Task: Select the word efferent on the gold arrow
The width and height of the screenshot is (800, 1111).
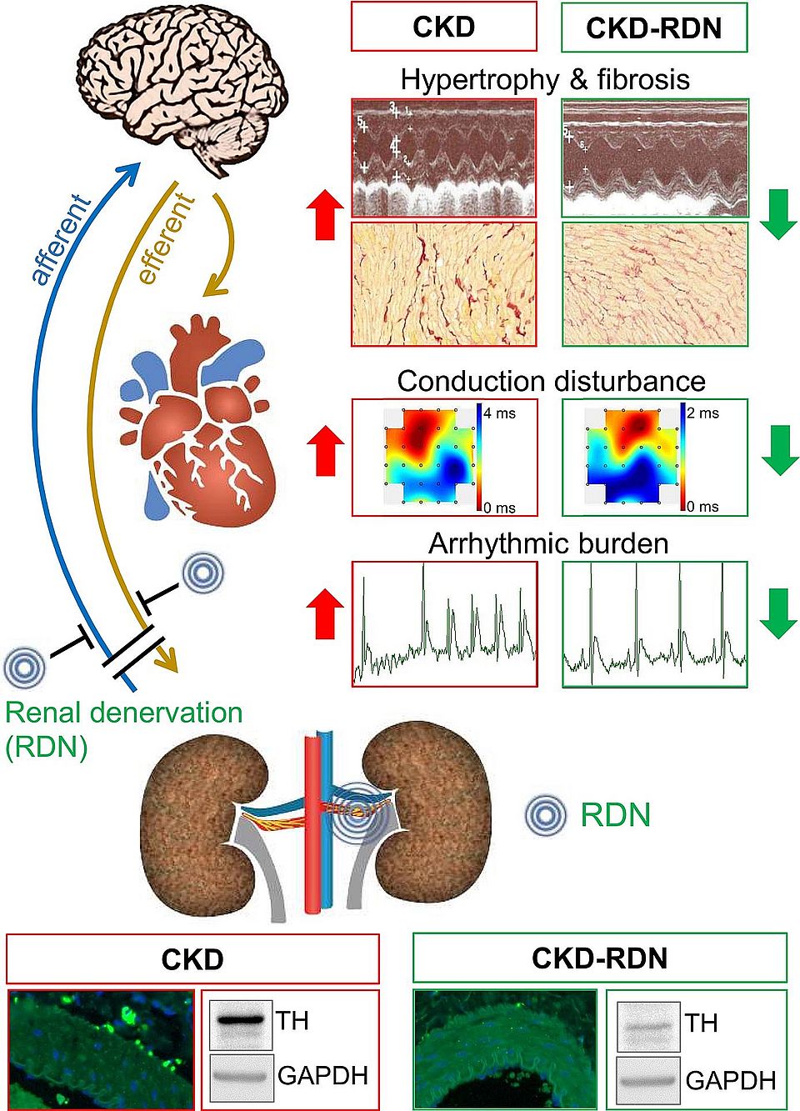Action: click(x=167, y=238)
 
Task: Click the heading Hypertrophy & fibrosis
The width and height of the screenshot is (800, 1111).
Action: click(x=545, y=80)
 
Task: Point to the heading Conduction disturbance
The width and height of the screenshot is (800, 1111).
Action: click(x=551, y=381)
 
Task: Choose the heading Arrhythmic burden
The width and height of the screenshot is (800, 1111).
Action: click(x=548, y=543)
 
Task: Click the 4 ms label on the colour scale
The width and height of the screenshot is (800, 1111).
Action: click(x=499, y=413)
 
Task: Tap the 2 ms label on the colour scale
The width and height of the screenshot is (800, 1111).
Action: click(x=702, y=413)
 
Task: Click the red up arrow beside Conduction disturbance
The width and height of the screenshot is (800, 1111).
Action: click(x=325, y=450)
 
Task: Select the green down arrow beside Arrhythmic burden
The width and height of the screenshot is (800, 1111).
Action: click(x=779, y=613)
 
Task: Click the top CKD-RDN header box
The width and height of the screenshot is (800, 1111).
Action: click(x=654, y=28)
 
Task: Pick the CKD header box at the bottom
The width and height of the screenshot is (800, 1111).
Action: click(x=192, y=958)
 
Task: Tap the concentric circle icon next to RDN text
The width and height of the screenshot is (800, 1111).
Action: click(x=546, y=815)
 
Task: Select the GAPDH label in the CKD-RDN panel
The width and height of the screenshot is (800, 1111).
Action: click(x=730, y=1080)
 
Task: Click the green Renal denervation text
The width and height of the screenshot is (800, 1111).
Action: click(x=124, y=713)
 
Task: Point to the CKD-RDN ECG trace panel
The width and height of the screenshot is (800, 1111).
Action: click(x=655, y=624)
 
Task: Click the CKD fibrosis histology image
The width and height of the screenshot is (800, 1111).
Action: click(x=444, y=284)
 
